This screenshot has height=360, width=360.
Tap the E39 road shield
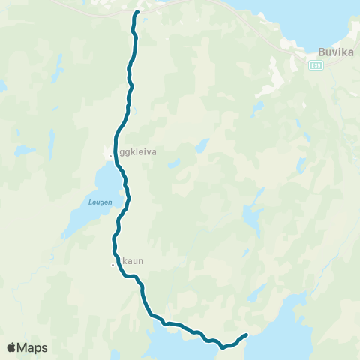[315, 65]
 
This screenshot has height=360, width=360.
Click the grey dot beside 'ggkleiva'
[111, 155]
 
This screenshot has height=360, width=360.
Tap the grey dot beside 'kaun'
[113, 264]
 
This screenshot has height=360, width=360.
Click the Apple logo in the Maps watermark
[12, 347]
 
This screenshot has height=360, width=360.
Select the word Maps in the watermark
[32, 347]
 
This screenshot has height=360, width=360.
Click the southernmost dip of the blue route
[222, 348]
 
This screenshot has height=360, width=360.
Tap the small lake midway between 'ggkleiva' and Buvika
[201, 145]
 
